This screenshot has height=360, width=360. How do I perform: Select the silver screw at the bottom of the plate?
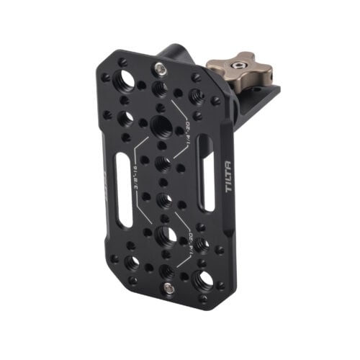point(168,289)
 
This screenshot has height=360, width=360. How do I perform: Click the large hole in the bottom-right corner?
point(203,279)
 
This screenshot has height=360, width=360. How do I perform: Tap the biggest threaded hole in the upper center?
point(161,127)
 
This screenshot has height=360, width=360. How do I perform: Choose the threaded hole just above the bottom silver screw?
point(166,269)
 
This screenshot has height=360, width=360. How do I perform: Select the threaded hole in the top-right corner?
point(195,94)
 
